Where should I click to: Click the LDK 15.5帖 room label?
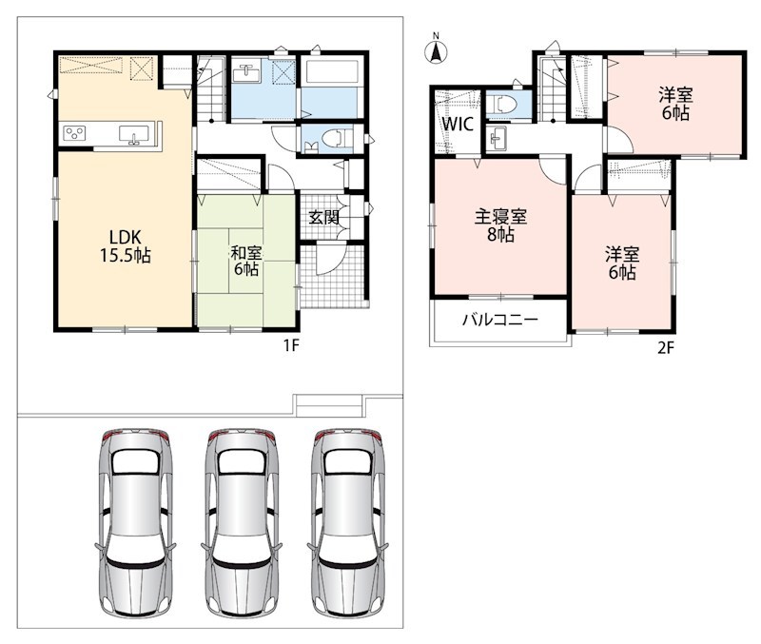pos(126,246)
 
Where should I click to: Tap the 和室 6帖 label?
pos(246,261)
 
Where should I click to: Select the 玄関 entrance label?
pos(323,217)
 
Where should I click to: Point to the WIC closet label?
pos(458,124)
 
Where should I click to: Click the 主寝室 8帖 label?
pos(500,225)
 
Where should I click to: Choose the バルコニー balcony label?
pos(500,320)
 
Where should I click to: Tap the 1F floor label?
pos(291,345)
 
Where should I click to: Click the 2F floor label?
pos(666,347)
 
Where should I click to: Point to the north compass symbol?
pos(436,49)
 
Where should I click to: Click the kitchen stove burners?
pos(75,133)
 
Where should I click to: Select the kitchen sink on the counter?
pos(134,134)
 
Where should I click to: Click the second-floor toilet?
pos(501,105)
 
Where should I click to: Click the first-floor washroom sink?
pos(246,73)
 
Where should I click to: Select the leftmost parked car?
pos(135,522)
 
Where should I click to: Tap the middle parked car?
pos(242,522)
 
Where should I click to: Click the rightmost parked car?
pos(348,522)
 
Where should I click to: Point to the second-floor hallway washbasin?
pos(498,139)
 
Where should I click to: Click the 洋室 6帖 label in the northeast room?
pos(675,104)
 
